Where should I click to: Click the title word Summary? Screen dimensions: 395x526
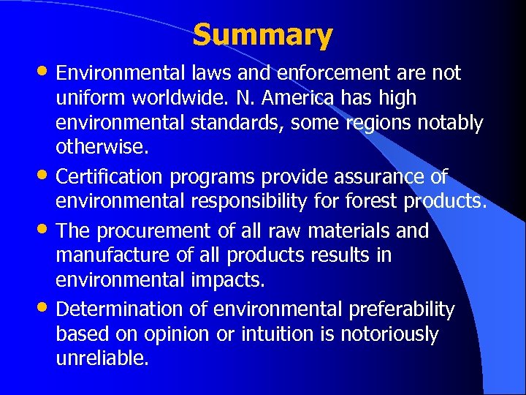click(x=263, y=35)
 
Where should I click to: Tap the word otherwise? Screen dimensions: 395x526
click(x=102, y=148)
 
